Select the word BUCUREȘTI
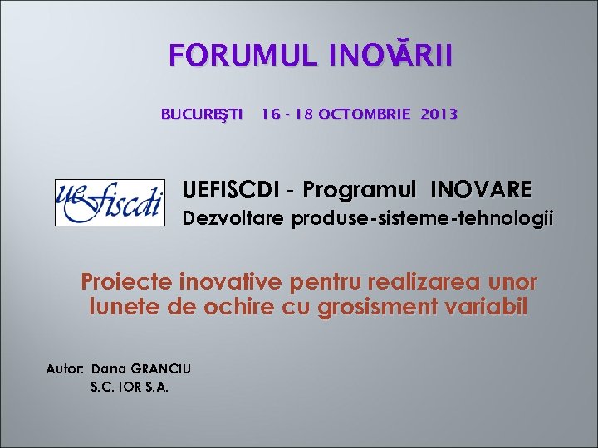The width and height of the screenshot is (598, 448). [202, 114]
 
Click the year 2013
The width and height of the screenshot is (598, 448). [439, 114]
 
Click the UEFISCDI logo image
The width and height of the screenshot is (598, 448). [110, 202]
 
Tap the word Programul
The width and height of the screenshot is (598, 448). [362, 190]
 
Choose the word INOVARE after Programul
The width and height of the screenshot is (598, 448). [481, 190]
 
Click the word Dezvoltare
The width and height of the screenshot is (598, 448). [233, 219]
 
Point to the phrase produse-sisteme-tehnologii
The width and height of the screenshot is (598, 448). [421, 219]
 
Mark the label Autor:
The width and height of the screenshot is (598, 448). [66, 368]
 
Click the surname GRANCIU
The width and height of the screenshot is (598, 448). [159, 368]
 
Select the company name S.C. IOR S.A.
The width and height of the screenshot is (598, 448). [130, 386]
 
